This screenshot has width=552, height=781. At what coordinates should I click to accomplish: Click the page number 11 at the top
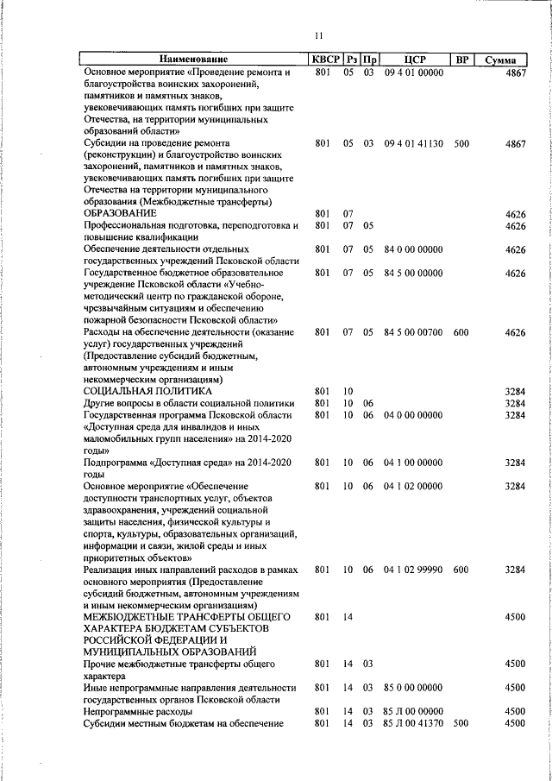click(318, 35)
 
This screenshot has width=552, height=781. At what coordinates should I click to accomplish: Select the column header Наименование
click(193, 60)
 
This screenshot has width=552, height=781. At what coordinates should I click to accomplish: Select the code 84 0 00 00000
click(414, 250)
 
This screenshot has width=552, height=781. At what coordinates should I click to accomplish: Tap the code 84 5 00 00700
click(414, 332)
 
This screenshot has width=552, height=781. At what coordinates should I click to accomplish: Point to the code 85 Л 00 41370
click(414, 723)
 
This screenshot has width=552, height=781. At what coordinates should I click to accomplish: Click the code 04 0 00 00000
click(414, 415)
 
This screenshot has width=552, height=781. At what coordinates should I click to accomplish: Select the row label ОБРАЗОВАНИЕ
click(120, 214)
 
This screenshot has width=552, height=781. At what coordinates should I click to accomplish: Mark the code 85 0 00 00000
click(414, 688)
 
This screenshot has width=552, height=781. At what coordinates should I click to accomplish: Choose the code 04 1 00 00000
click(414, 463)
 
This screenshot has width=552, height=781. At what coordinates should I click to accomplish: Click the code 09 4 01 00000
click(414, 73)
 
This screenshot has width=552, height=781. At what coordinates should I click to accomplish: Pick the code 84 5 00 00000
click(414, 274)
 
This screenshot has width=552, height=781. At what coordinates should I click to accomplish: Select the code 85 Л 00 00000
click(414, 711)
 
